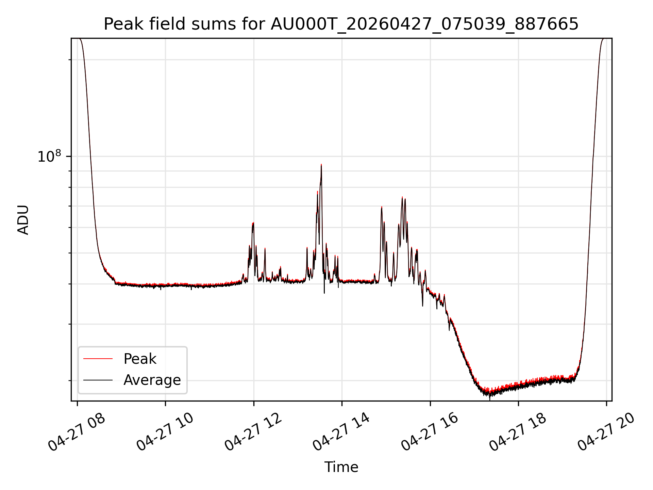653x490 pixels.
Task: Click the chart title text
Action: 341,24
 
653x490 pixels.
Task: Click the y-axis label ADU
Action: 23,220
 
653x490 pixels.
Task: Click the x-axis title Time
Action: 341,467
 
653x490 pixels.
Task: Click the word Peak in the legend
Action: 140,359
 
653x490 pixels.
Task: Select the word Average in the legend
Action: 152,380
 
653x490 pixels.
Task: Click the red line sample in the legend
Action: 98,359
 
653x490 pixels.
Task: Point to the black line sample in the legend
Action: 98,380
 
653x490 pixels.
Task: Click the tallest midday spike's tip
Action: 321,164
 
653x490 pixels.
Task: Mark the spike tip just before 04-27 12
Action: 253,223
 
